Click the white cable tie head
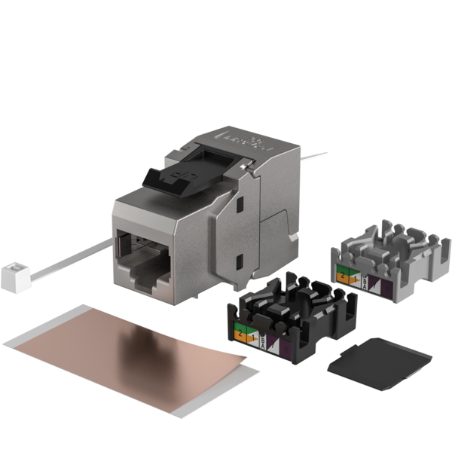(13, 277)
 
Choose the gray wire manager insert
(392, 256)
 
